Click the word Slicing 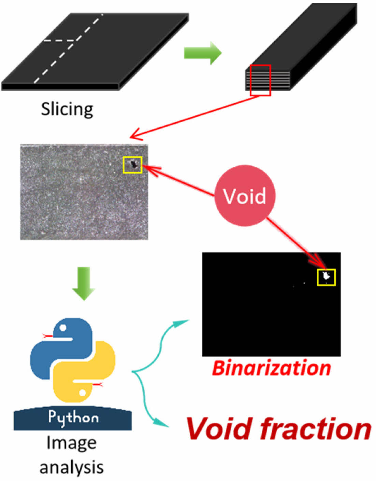coord(67,109)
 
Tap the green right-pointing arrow coord(203,53)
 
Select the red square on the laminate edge coord(260,80)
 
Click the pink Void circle coord(245,195)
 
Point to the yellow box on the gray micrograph coord(132,165)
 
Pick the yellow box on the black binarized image coord(326,277)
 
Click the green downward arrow coord(84,284)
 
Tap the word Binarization coord(272,368)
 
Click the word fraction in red coord(316,429)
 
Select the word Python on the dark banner coord(73,417)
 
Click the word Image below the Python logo coord(71,443)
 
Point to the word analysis coord(71,467)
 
